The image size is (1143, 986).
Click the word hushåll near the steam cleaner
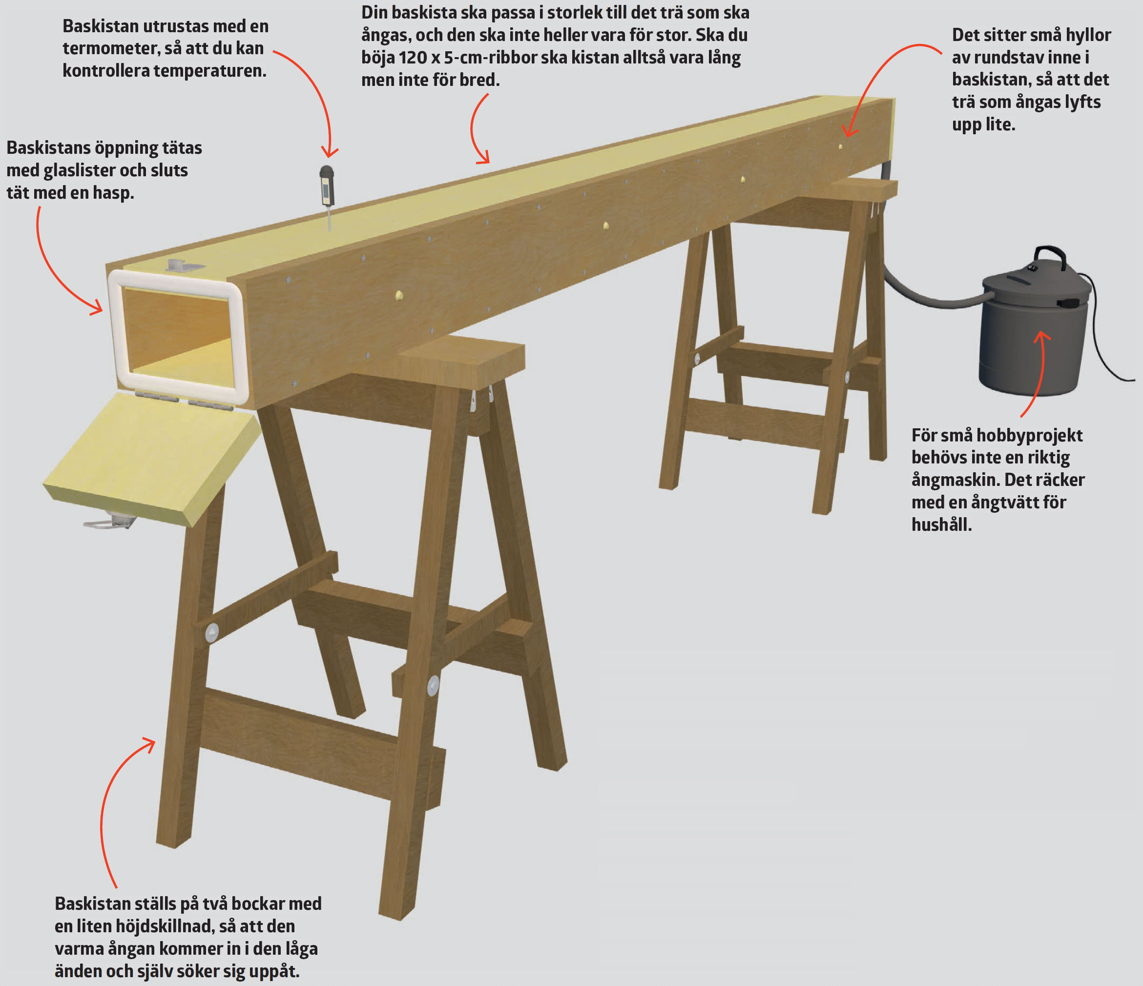(942, 524)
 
